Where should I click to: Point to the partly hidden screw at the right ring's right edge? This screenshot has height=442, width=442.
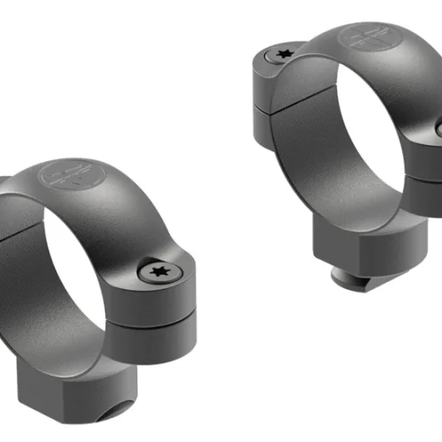pos(438,130)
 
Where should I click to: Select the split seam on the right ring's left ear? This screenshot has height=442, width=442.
pos(265,88)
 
